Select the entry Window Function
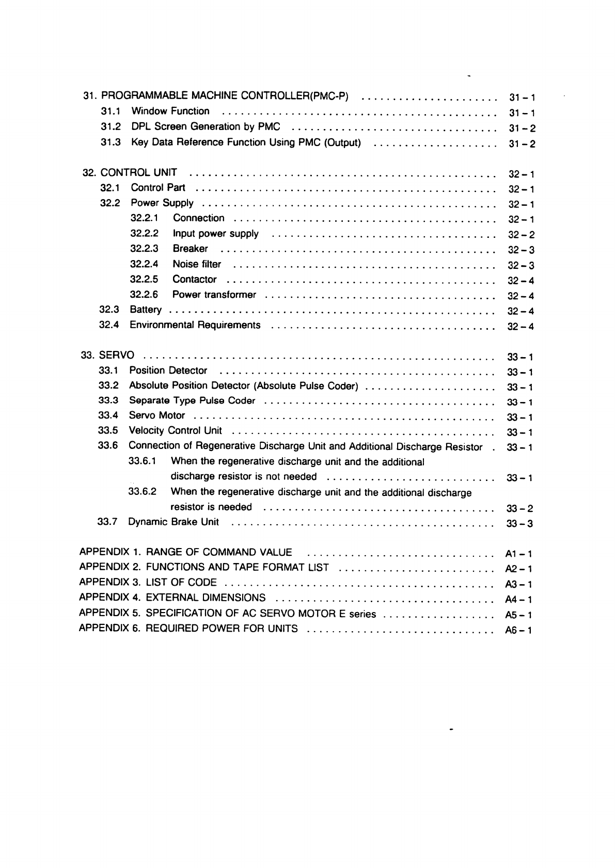[x=170, y=111]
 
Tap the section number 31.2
[x=111, y=126]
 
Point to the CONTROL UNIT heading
[x=138, y=172]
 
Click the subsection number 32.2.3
[x=144, y=249]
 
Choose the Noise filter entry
[x=197, y=264]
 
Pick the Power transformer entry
[x=214, y=295]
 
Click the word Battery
[x=146, y=310]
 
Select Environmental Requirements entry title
[x=195, y=325]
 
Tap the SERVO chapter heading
[x=116, y=356]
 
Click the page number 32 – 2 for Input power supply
[x=521, y=235]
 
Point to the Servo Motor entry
[x=157, y=415]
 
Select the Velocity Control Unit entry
[x=176, y=430]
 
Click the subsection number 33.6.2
[x=143, y=491]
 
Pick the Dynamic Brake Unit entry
[x=174, y=522]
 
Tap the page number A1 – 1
[x=518, y=554]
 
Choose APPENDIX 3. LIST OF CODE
[x=148, y=583]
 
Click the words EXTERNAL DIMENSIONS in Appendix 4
[x=206, y=598]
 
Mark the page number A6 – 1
[x=518, y=630]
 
